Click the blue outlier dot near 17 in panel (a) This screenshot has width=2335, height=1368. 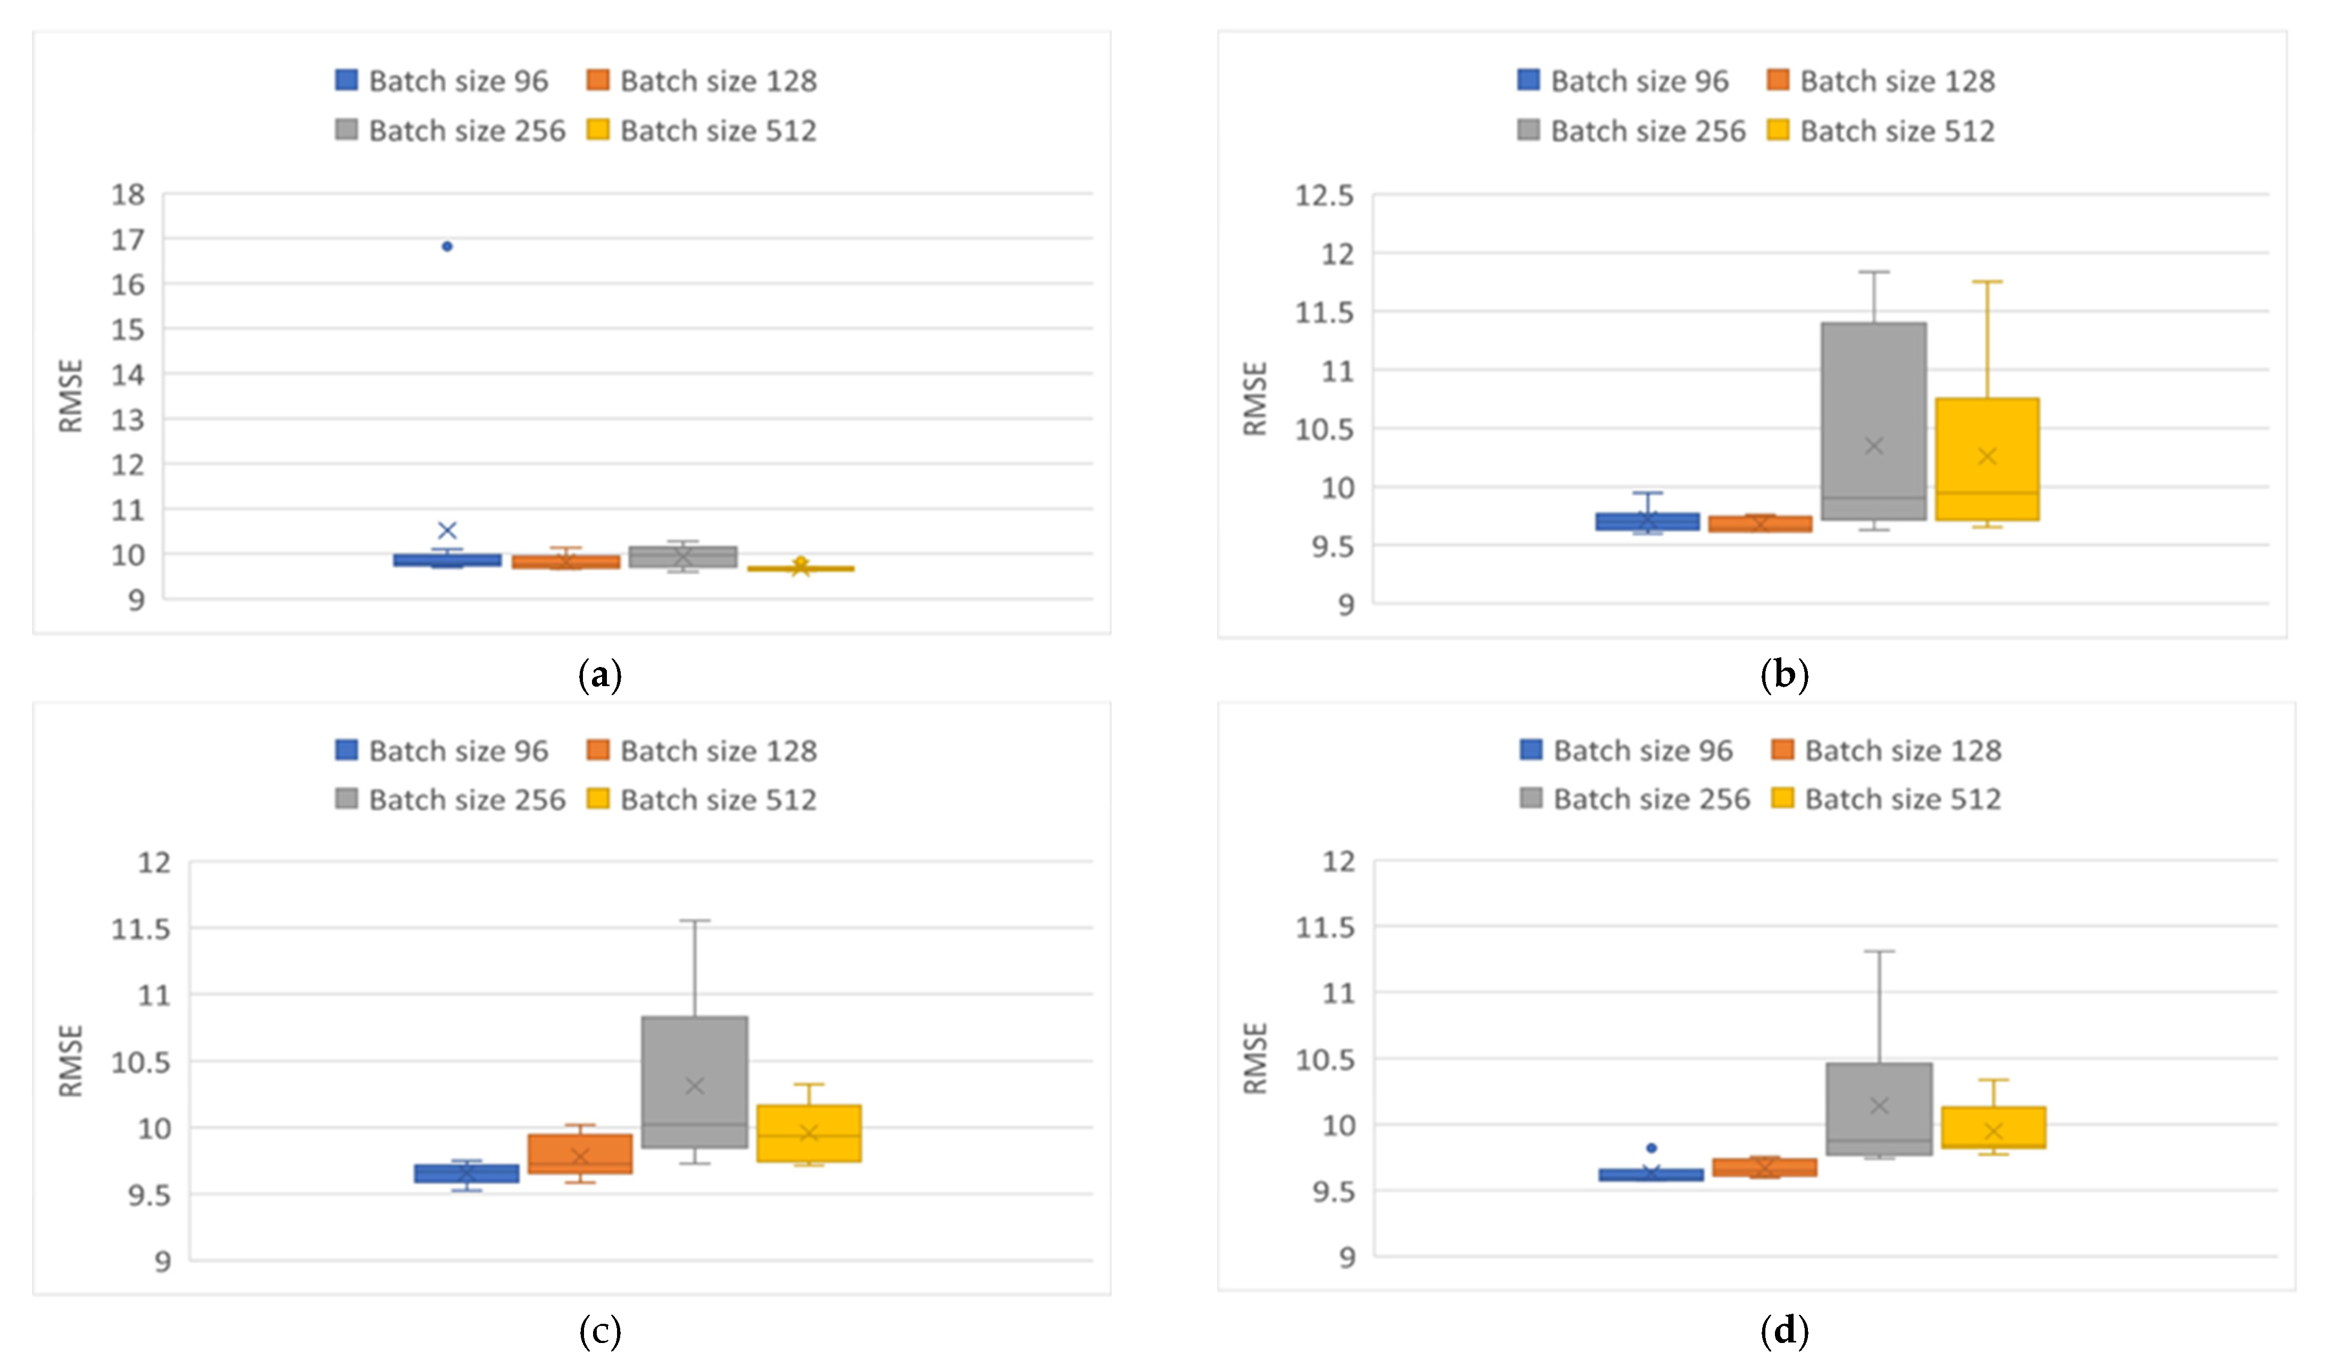(447, 246)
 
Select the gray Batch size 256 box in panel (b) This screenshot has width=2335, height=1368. (1873, 422)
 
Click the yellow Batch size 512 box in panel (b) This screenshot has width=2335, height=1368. (1987, 459)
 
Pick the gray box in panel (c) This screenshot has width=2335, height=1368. (694, 1082)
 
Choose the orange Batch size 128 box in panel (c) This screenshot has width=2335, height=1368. (580, 1154)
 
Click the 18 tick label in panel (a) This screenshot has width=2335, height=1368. (128, 194)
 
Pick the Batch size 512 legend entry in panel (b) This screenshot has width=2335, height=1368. (1881, 130)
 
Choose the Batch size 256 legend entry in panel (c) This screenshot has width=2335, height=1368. (450, 800)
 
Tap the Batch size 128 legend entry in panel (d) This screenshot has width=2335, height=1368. (1886, 750)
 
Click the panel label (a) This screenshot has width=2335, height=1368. (599, 675)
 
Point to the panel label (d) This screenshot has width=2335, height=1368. (1783, 1330)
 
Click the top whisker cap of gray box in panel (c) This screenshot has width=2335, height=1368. (694, 921)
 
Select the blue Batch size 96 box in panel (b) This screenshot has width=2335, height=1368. (1647, 522)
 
